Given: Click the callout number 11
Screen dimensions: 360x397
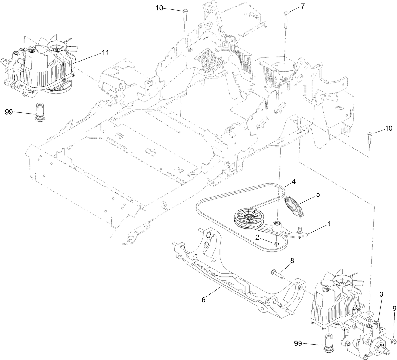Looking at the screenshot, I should (x=105, y=53).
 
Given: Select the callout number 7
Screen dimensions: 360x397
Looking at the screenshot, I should (x=302, y=6).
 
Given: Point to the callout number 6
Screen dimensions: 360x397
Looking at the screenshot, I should (x=203, y=299).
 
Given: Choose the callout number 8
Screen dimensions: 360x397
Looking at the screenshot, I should (x=292, y=261).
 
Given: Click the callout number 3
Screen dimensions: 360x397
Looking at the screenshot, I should (x=381, y=295).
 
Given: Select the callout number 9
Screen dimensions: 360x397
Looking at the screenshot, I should (x=394, y=309).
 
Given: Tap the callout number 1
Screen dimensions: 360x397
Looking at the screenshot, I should (x=329, y=224).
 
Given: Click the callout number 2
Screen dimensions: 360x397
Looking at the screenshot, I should (x=257, y=237).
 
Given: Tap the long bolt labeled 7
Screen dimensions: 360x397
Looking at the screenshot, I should (x=285, y=32).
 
